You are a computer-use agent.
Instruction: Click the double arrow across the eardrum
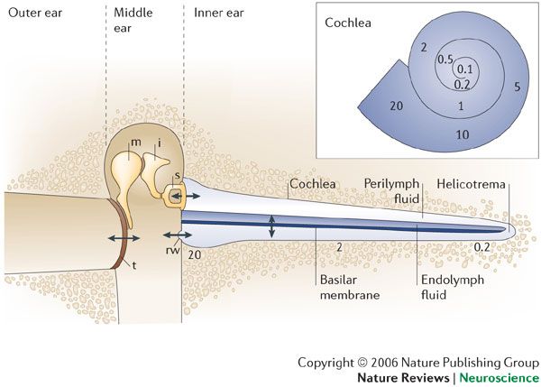point(122,236)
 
